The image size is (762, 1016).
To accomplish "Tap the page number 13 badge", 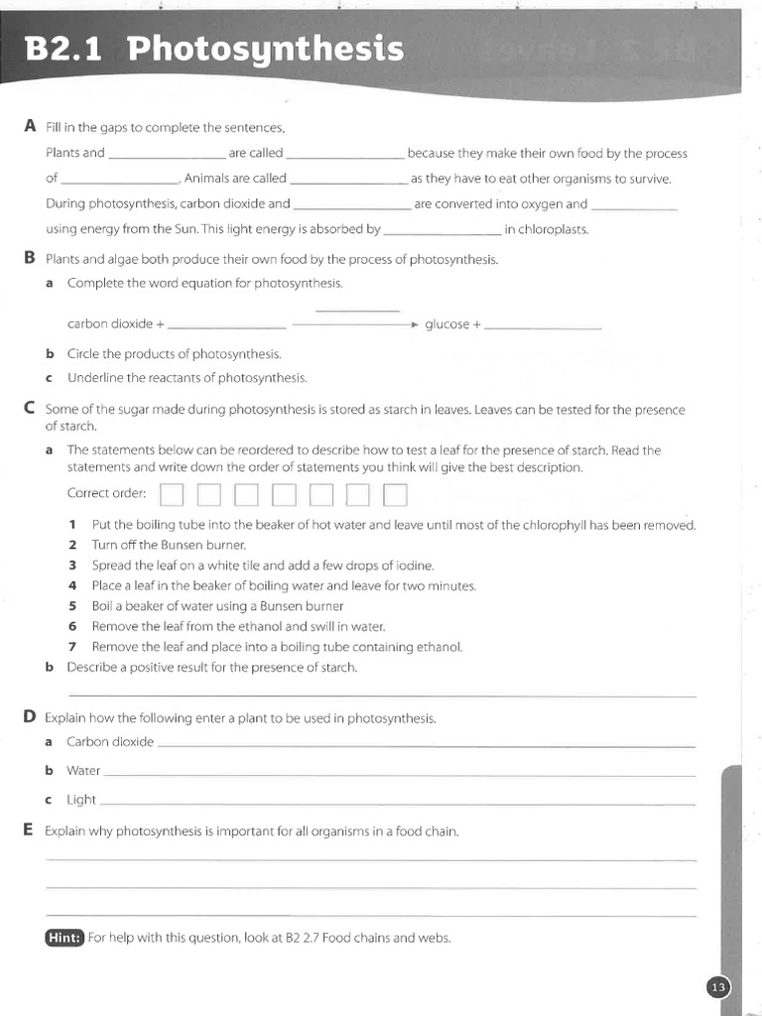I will [718, 986].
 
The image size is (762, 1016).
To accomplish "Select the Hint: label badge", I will [64, 938].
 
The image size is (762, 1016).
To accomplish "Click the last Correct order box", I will [395, 494].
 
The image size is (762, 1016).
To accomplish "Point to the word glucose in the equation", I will [446, 324].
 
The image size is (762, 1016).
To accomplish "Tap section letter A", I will [29, 126].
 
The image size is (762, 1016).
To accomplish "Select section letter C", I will [29, 408].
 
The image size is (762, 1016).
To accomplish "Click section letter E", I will [28, 829].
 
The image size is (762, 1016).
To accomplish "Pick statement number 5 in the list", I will [72, 606].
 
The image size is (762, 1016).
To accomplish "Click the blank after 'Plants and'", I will [167, 155].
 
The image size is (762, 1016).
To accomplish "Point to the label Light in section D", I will [81, 800].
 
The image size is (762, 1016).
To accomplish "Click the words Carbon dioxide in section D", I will [110, 742].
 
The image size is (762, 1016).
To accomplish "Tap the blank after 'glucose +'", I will [544, 325].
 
